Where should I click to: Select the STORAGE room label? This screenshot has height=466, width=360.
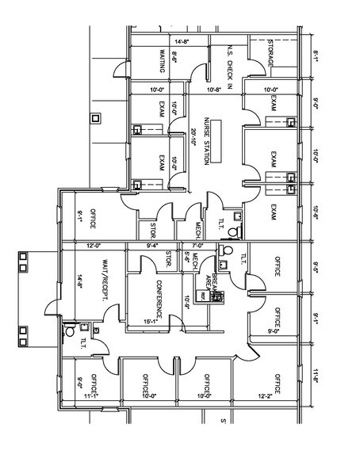272,52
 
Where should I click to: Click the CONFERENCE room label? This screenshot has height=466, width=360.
159,292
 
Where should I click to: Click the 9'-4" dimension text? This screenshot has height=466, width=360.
154,246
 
